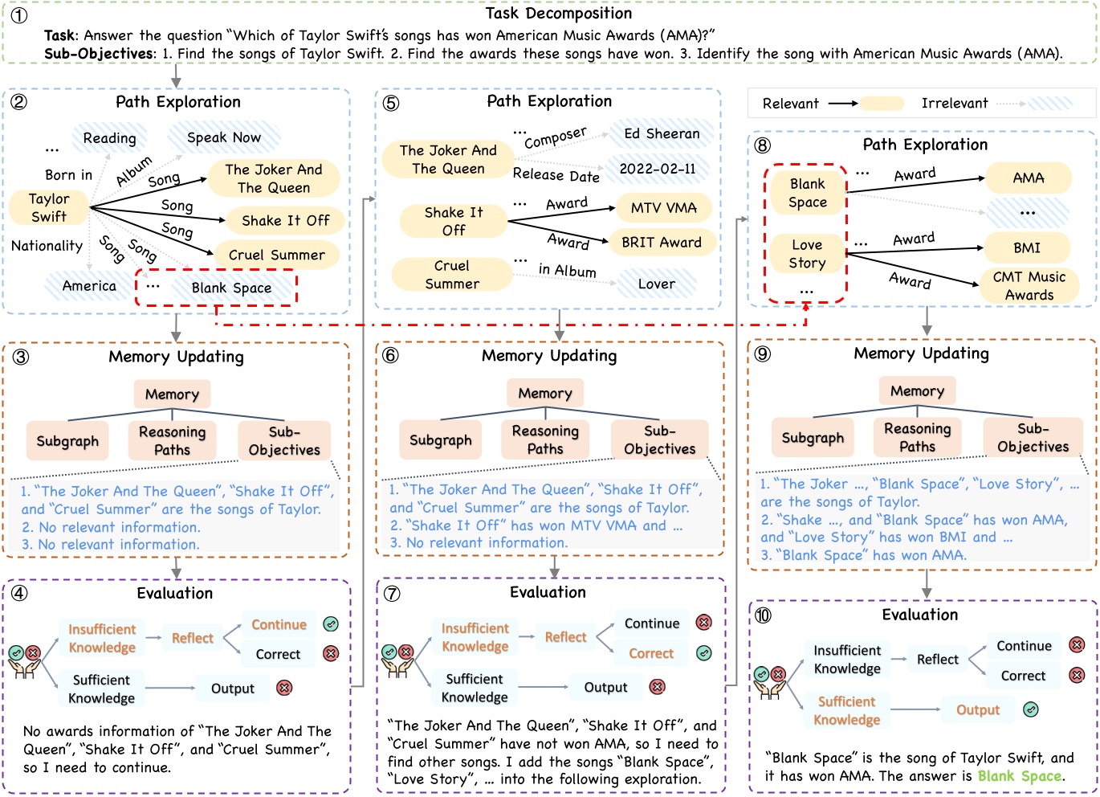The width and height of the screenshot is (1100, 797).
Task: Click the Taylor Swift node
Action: pos(49,207)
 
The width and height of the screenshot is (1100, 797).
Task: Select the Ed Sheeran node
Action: pos(662,133)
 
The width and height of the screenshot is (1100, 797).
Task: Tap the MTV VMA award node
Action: pos(663,207)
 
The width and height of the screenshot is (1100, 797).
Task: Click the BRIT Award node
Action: pos(662,242)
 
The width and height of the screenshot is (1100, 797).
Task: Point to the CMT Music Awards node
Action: pos(1029,285)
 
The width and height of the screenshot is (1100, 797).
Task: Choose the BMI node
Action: pos(1026,247)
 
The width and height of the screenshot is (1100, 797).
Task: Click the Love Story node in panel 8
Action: pos(806,254)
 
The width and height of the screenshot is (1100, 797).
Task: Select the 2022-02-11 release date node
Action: pos(657,169)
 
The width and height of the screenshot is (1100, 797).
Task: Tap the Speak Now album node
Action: pos(223,137)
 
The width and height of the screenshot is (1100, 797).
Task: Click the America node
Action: pos(89,286)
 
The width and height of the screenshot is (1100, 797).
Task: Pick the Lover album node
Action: pos(656,284)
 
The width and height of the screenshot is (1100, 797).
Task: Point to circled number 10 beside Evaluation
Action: pos(762,615)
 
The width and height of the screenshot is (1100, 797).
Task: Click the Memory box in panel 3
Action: pos(172,394)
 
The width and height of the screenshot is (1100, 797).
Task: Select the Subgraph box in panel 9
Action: pos(813,438)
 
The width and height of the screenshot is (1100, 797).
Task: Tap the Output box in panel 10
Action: pos(977,709)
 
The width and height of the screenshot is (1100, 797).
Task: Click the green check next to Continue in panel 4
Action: pos(330,624)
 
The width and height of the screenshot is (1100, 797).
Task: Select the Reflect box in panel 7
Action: pos(565,637)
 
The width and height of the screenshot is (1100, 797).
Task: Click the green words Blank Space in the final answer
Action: pos(1019,776)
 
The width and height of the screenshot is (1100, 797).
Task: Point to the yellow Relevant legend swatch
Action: pos(881,104)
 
